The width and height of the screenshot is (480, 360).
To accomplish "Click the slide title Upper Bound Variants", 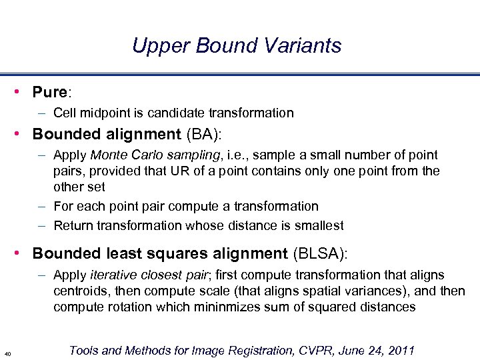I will (x=237, y=45).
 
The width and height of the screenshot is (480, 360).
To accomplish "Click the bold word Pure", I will (x=49, y=91).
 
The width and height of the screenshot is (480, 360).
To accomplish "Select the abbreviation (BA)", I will (x=204, y=134).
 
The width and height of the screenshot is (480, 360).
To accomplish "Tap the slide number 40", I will (x=7, y=353).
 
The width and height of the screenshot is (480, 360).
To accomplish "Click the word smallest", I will (x=319, y=225).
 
